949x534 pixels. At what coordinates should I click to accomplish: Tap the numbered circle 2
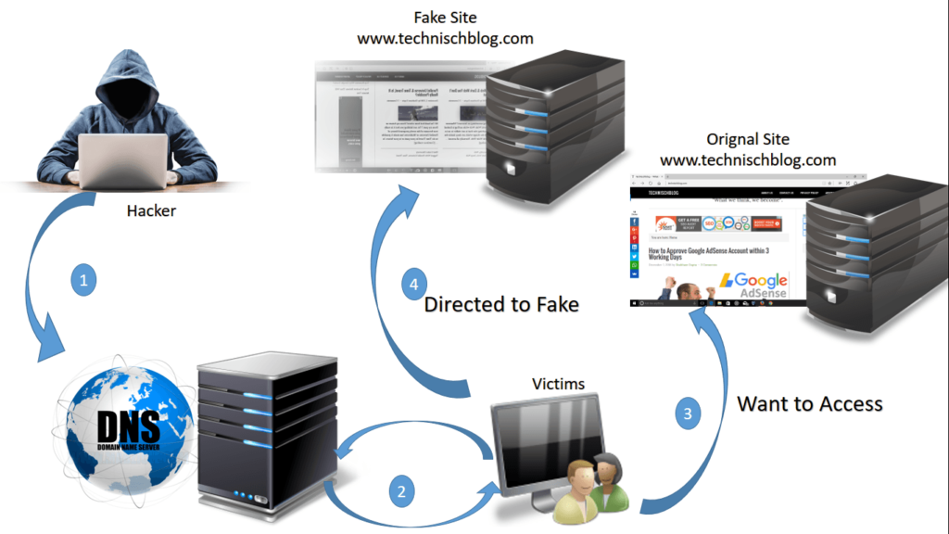click(x=400, y=492)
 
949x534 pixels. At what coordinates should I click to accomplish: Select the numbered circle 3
click(x=687, y=414)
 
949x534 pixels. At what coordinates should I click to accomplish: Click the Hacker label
click(x=151, y=211)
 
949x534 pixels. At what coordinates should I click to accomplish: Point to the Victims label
click(x=558, y=384)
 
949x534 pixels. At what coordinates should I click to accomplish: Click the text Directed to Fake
click(x=500, y=304)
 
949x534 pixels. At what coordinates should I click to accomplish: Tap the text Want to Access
click(x=809, y=403)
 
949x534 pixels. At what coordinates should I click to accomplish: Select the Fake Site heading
click(x=445, y=17)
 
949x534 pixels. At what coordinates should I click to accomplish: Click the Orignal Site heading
click(x=747, y=139)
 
